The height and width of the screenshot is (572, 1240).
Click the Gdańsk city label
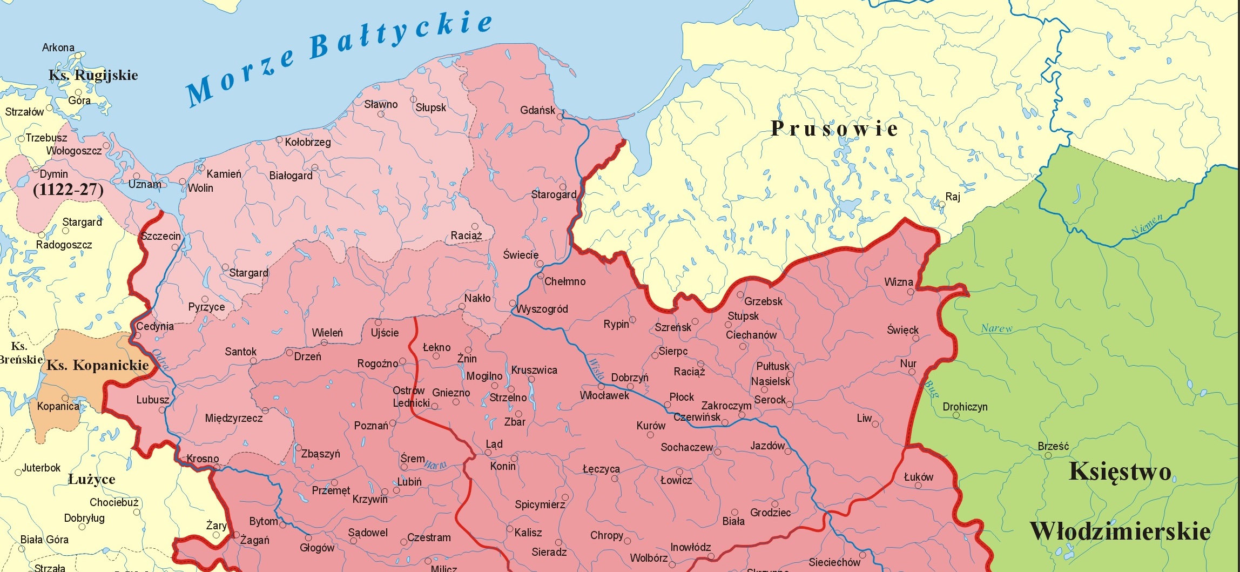(x=537, y=110)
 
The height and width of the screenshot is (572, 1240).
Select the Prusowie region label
(x=834, y=129)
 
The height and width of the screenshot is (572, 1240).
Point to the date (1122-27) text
(x=68, y=190)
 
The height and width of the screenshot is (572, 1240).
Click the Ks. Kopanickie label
(x=97, y=366)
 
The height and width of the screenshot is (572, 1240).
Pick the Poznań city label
(x=370, y=426)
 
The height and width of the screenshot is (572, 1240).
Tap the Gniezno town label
(x=451, y=393)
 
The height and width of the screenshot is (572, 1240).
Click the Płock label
(x=682, y=397)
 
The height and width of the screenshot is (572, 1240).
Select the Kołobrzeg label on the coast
(x=308, y=142)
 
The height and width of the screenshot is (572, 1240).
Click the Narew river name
(x=996, y=328)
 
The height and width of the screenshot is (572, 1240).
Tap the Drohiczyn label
(x=965, y=407)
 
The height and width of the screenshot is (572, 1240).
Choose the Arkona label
(x=58, y=48)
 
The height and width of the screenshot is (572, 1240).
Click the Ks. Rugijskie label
(x=93, y=75)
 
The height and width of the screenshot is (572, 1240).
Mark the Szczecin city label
(x=160, y=236)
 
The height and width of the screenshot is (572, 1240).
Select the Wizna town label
(x=899, y=282)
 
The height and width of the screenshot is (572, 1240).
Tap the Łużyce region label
(x=91, y=479)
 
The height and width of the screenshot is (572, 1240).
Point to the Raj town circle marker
(x=942, y=205)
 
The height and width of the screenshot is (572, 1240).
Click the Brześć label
(x=1053, y=446)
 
